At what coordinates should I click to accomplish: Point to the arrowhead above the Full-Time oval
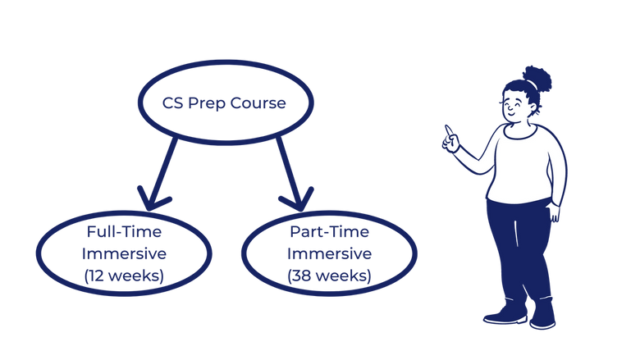153,198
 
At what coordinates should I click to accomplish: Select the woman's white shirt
525,164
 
